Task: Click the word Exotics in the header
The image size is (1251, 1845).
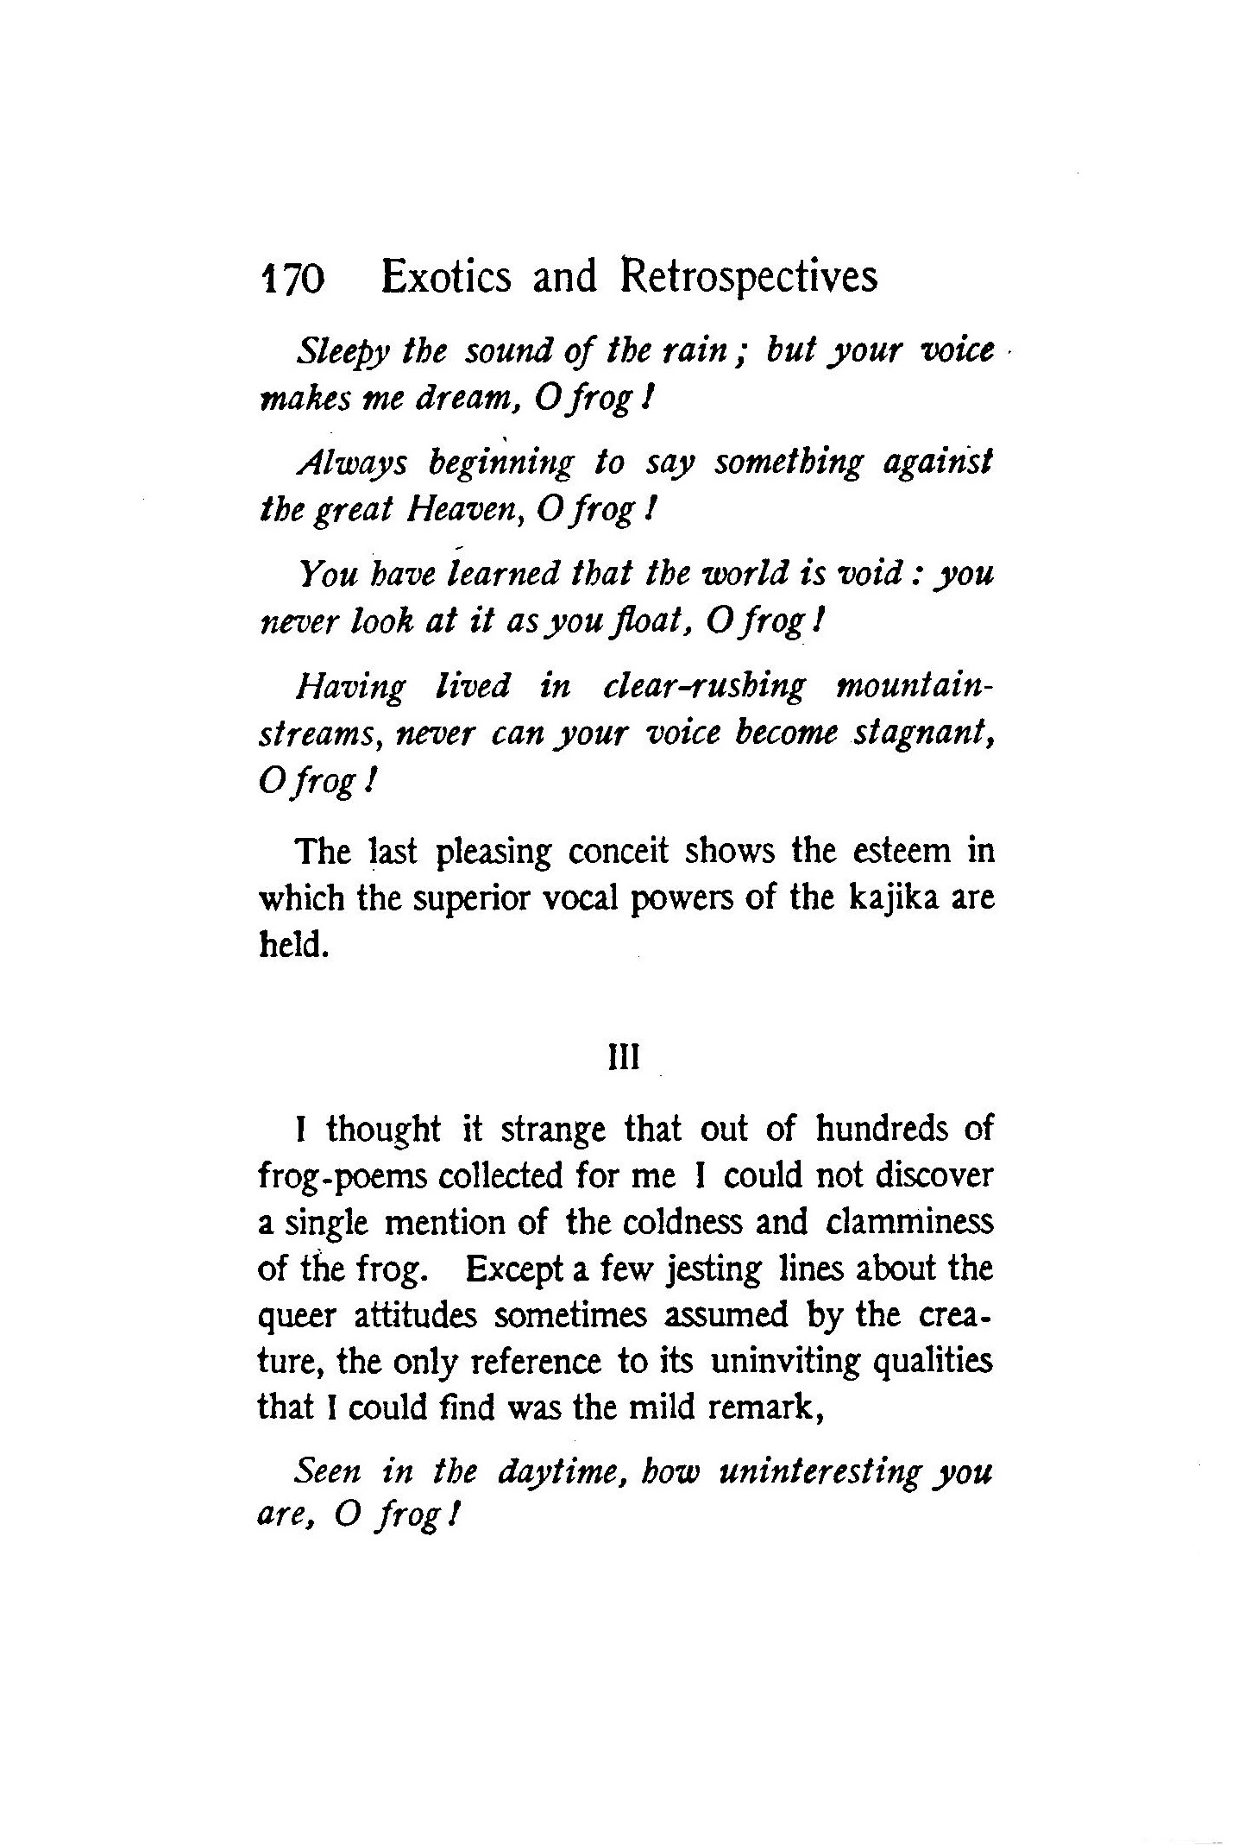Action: point(446,277)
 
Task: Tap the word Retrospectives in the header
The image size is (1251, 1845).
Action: point(748,279)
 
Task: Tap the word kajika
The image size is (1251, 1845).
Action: point(894,899)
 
